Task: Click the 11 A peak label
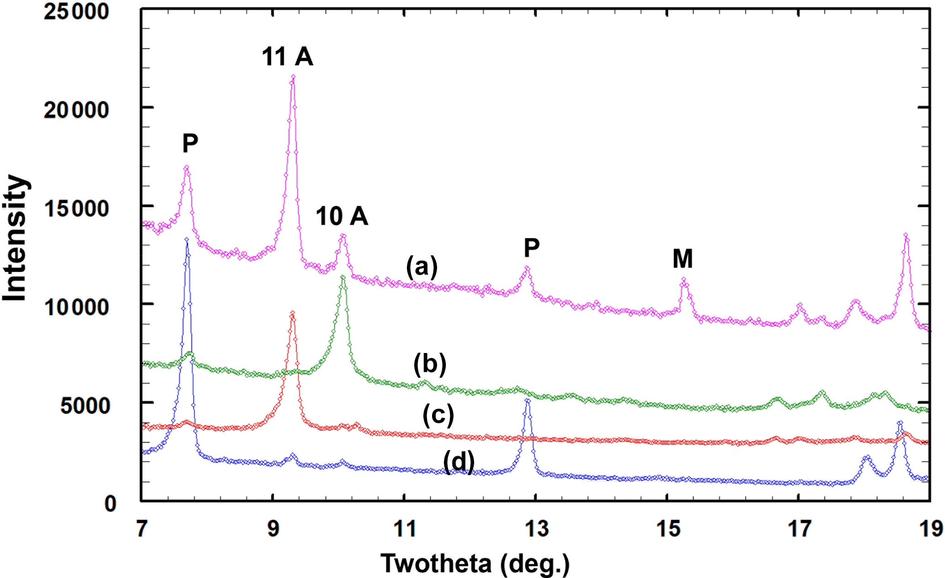[x=287, y=57]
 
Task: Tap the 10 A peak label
[x=342, y=216]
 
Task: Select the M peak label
[x=683, y=259]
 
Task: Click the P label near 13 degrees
[x=532, y=248]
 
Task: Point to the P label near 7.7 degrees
[x=190, y=144]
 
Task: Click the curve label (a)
[x=422, y=267]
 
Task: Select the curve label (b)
[x=430, y=364]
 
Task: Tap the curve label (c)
[x=438, y=415]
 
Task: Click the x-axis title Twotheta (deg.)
[x=475, y=563]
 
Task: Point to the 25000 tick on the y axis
[x=76, y=11]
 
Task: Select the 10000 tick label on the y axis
[x=76, y=306]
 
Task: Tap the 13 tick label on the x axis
[x=536, y=529]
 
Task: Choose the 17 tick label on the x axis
[x=799, y=529]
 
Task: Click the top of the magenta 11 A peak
[x=293, y=77]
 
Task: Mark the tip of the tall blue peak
[x=187, y=239]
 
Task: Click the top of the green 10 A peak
[x=342, y=277]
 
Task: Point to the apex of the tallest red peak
[x=293, y=313]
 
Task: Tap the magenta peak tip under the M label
[x=683, y=279]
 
